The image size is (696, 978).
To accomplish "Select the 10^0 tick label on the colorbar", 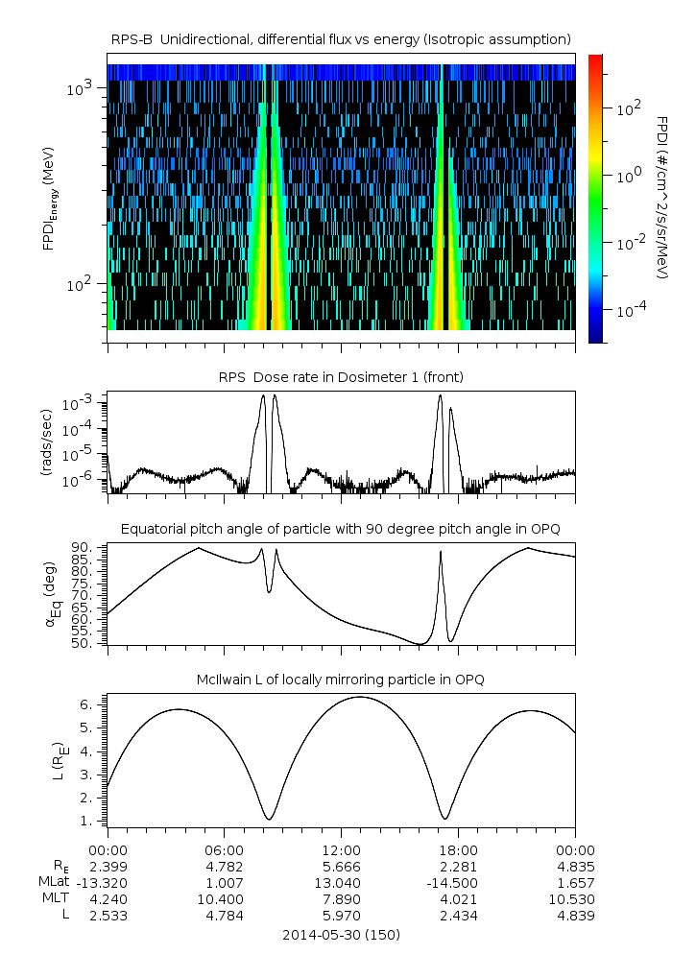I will [627, 178].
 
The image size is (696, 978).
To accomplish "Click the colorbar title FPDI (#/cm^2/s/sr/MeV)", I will [662, 198].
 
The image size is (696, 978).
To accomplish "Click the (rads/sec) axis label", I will [47, 442].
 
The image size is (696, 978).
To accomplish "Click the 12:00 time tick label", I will [341, 849].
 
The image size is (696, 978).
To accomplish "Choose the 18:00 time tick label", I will [458, 849].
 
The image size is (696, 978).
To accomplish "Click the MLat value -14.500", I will [458, 882].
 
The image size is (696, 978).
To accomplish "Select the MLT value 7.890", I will [341, 898].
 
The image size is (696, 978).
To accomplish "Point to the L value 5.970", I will [341, 916].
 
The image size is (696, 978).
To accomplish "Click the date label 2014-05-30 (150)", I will [342, 934].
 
